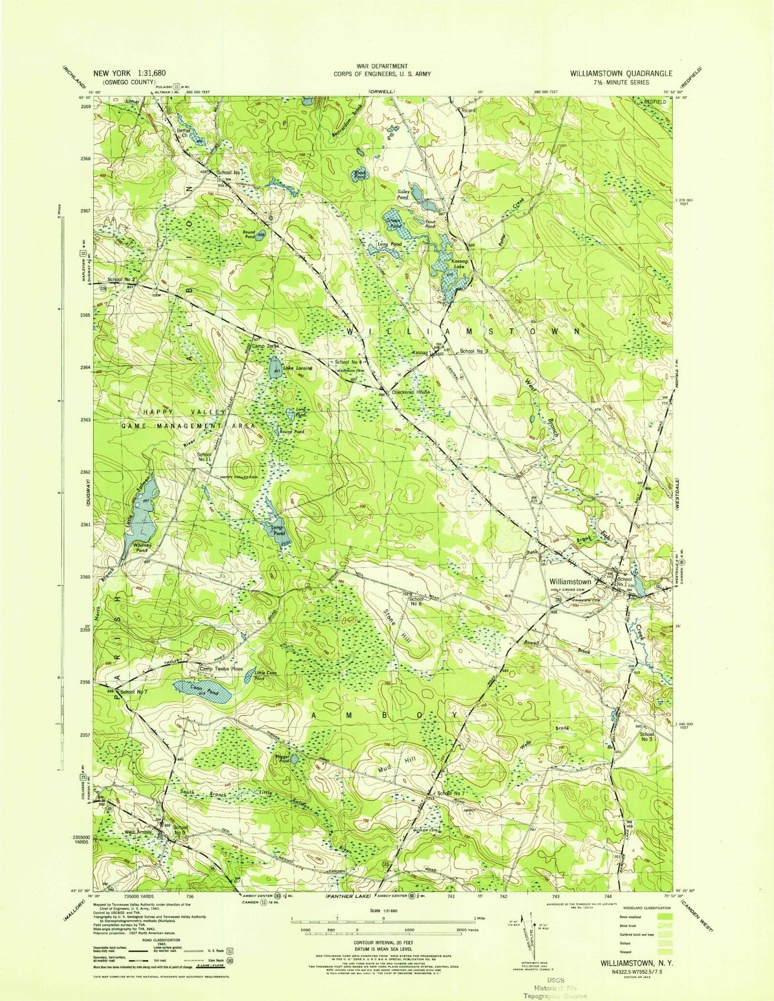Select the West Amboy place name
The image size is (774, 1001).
[x=139, y=832]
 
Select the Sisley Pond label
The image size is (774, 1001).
[x=403, y=194]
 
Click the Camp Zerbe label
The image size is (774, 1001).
[x=264, y=347]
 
